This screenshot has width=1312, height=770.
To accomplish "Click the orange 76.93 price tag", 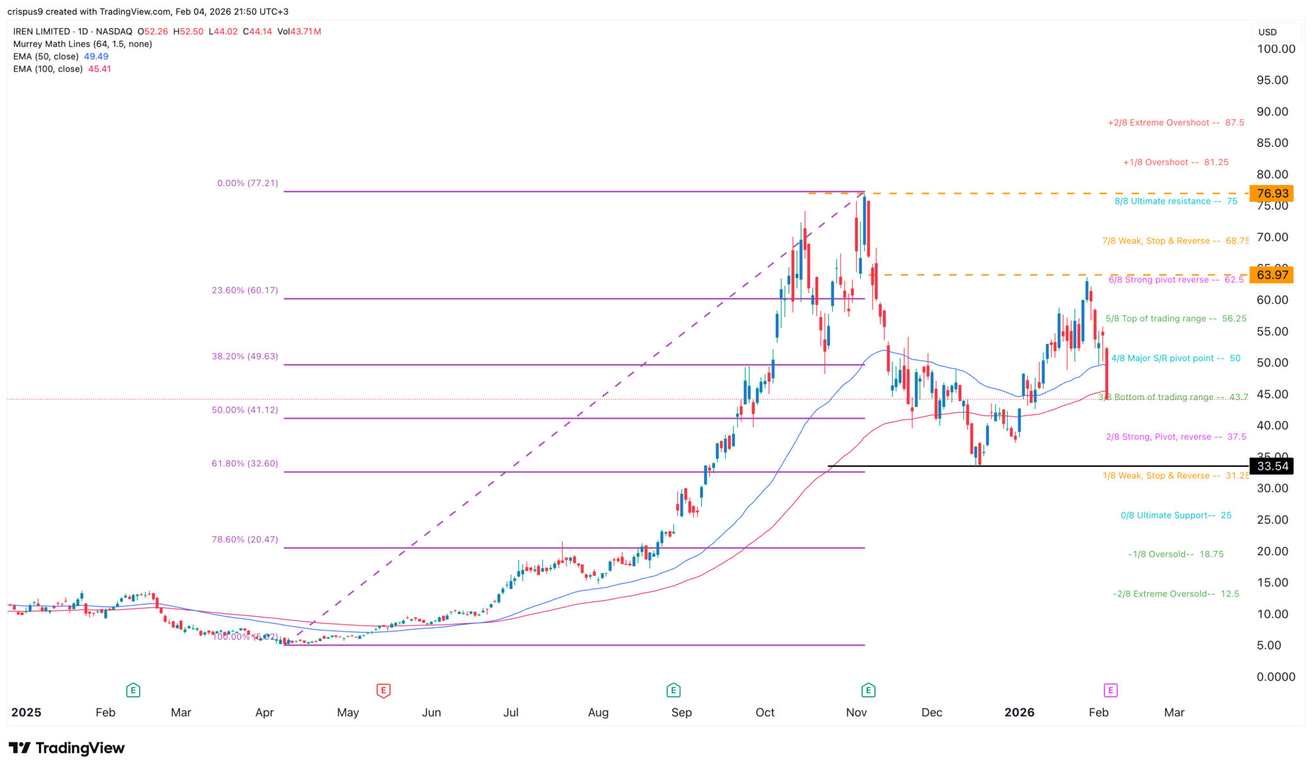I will [1272, 193].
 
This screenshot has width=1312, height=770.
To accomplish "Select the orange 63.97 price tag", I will [1272, 275].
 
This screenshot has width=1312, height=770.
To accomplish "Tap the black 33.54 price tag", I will [1272, 466].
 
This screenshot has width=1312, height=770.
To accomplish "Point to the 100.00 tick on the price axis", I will [1275, 49].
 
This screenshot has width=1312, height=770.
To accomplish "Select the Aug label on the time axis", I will [598, 712].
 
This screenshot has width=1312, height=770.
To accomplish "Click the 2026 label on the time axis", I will [1019, 712].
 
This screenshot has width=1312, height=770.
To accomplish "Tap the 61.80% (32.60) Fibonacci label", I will [245, 463].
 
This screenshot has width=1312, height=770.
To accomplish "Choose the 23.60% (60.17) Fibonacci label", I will [245, 290].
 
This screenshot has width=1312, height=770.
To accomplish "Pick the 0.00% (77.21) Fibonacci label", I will [247, 183].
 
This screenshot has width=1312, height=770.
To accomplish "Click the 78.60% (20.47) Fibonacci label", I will [245, 539].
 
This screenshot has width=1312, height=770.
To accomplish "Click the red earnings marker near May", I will [383, 690].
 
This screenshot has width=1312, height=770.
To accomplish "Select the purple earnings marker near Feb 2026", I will [1110, 690].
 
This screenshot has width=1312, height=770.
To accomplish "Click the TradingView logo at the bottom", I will [67, 748].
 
